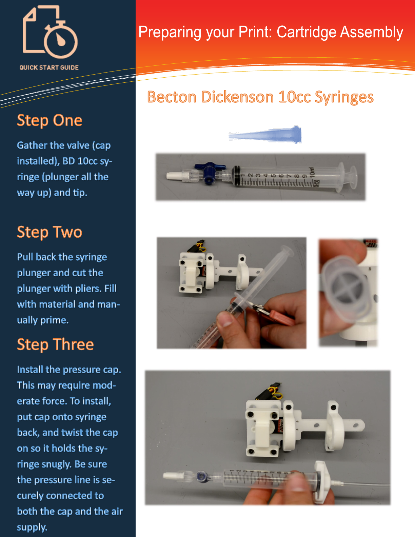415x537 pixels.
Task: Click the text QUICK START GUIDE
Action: click(49, 68)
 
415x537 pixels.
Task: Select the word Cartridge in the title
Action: click(305, 33)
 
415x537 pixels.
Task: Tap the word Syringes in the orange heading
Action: click(344, 97)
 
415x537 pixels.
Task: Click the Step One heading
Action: click(50, 121)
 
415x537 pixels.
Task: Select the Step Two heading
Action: click(50, 232)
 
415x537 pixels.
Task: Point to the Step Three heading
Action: click(55, 344)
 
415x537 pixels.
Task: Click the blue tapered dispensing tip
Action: click(265, 135)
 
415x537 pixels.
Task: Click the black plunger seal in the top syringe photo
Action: click(236, 176)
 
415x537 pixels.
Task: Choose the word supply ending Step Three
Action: click(32, 528)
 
